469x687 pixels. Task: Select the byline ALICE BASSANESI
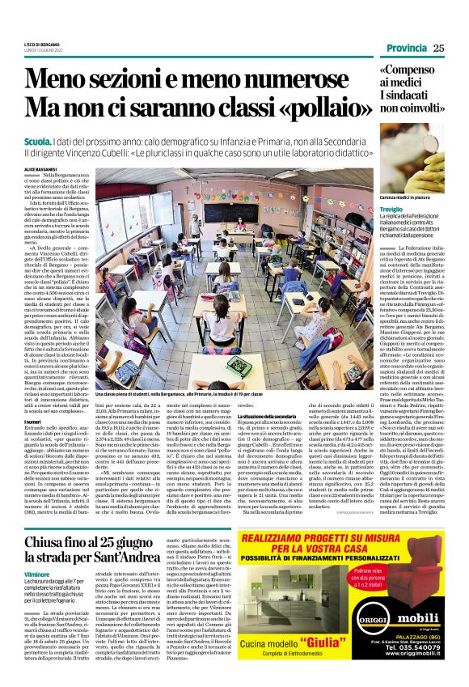coord(40,168)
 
